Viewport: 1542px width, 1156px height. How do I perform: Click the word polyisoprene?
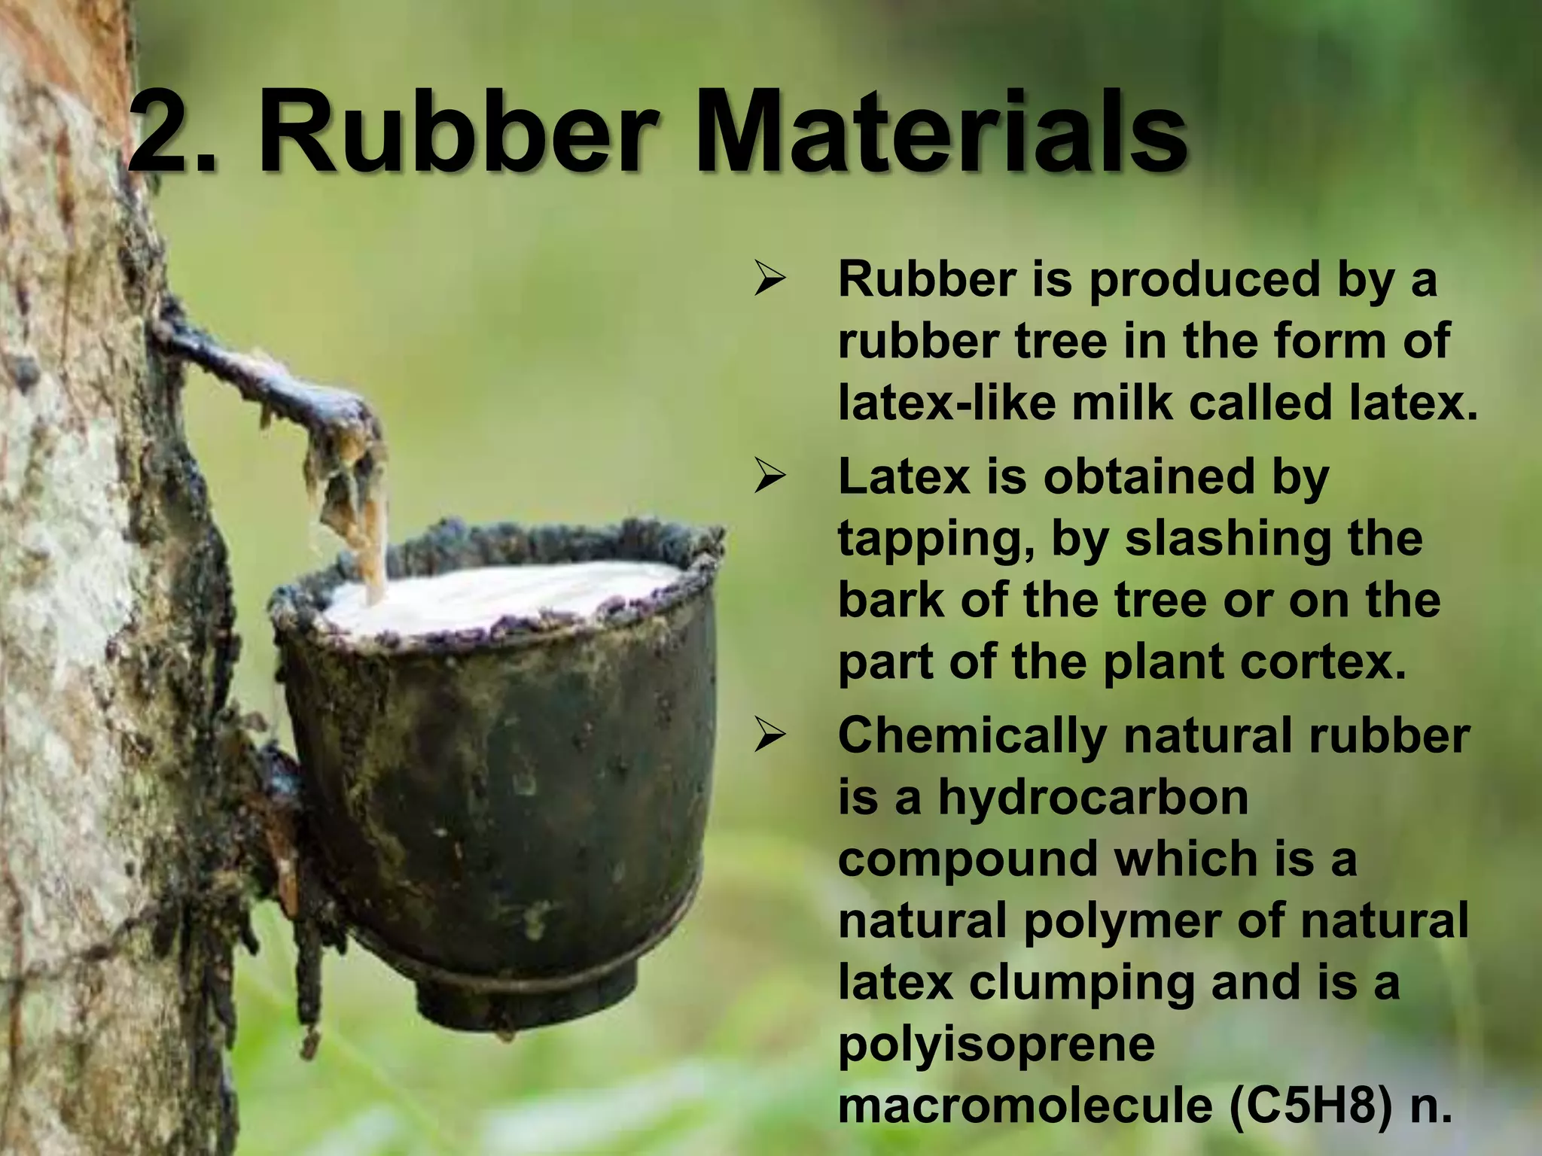click(996, 1045)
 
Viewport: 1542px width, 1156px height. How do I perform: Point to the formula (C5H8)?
click(1311, 1106)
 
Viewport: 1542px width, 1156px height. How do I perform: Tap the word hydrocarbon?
click(1093, 798)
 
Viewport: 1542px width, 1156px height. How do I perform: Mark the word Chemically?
click(972, 736)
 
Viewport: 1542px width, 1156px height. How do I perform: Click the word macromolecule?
click(1025, 1106)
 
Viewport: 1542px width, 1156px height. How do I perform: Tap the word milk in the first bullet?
click(1122, 403)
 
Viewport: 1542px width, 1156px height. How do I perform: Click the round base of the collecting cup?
click(527, 993)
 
